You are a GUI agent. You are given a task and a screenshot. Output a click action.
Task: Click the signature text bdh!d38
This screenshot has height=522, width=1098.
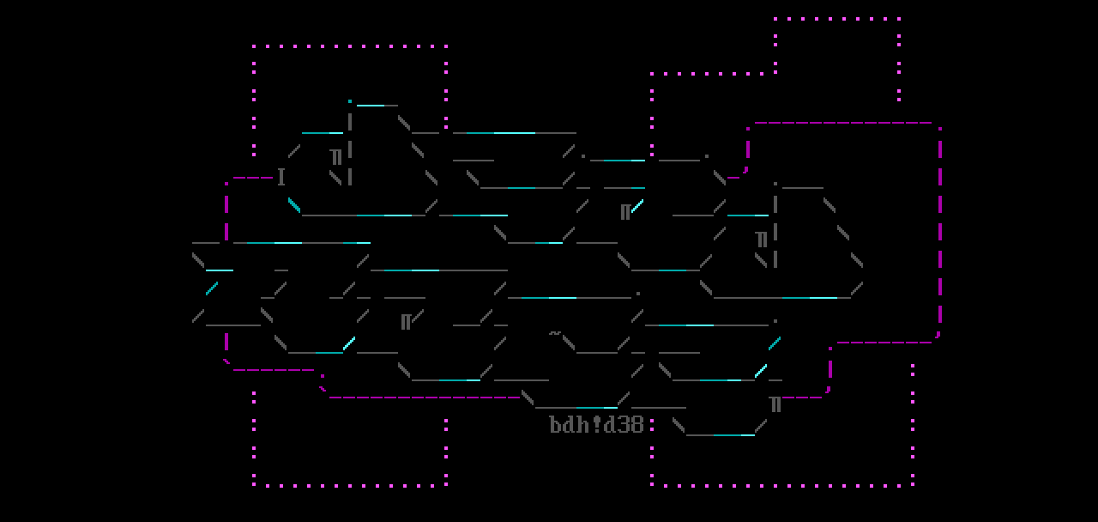point(596,425)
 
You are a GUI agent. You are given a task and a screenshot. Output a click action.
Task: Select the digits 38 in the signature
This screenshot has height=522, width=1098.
point(630,425)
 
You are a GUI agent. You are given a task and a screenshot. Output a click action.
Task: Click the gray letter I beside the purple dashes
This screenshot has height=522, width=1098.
point(281,178)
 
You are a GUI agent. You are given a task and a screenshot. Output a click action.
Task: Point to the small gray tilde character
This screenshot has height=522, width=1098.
point(555,332)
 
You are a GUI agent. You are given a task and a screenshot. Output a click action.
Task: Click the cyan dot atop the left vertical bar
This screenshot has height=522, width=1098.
point(350,101)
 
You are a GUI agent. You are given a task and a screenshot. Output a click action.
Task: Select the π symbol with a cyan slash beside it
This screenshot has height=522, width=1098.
point(626,211)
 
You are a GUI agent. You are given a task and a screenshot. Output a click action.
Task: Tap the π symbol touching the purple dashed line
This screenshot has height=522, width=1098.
point(775,404)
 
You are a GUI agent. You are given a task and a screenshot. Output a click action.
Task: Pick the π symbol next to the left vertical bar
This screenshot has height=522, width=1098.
point(336,156)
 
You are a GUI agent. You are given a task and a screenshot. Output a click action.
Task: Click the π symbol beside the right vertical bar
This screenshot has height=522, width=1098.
point(761,239)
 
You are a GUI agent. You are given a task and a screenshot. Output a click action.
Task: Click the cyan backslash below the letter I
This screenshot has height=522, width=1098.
point(294,205)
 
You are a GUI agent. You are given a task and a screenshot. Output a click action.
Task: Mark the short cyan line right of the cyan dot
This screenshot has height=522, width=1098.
point(371,106)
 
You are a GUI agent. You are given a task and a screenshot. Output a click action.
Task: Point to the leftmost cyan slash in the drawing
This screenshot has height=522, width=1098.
point(212,288)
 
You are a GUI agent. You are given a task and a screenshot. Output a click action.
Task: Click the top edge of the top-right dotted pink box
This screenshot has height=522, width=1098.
point(837,18)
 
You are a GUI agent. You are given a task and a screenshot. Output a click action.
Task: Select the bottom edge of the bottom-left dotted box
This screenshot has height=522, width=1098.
point(350,485)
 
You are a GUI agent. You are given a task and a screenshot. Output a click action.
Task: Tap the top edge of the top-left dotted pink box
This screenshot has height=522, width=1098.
point(350,46)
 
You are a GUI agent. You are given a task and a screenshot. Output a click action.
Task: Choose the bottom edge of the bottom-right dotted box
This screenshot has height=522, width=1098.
point(782,485)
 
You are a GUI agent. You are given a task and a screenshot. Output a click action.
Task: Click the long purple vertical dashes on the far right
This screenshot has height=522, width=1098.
point(940,232)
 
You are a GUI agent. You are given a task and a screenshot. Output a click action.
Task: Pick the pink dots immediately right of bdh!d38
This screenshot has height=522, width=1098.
point(652,424)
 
